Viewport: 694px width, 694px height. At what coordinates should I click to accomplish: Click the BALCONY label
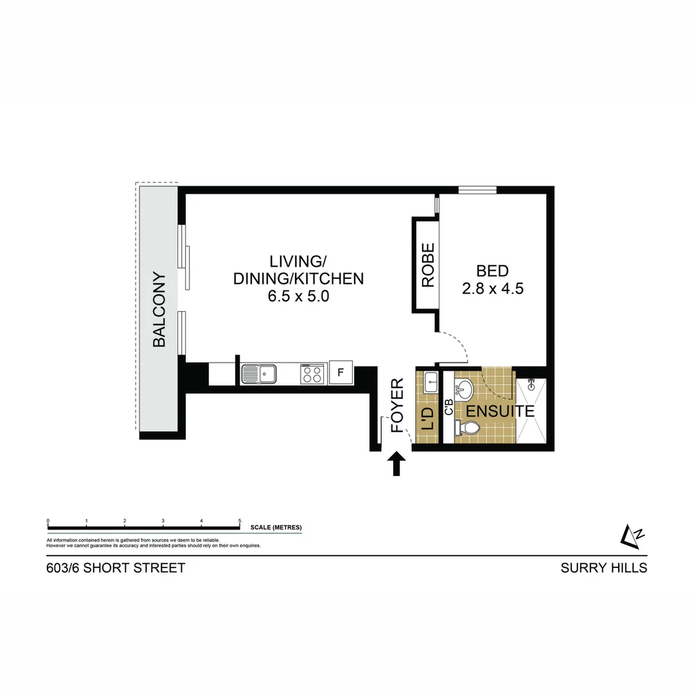[x=159, y=310]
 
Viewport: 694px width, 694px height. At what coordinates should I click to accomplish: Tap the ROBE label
[x=428, y=265]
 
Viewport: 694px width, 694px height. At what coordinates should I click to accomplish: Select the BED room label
[x=492, y=271]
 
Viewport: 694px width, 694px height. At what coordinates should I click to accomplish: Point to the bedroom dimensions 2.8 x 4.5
[x=493, y=289]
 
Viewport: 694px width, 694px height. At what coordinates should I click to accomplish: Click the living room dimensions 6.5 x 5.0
[x=298, y=297]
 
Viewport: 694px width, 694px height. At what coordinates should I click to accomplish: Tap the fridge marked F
[x=341, y=373]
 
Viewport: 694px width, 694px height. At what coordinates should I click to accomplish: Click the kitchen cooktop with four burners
[x=312, y=373]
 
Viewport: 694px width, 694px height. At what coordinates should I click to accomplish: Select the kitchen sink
[x=258, y=373]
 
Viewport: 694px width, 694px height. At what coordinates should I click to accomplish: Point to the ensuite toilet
[x=467, y=428]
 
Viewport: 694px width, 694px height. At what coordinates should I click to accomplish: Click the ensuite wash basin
[x=465, y=389]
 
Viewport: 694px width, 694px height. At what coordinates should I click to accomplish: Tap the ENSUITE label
[x=501, y=411]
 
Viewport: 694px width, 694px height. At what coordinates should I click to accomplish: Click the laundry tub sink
[x=431, y=382]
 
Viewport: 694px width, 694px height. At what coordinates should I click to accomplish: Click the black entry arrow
[x=396, y=463]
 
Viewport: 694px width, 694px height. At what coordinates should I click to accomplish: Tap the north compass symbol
[x=632, y=536]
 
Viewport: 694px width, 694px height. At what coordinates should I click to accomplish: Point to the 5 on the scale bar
[x=240, y=521]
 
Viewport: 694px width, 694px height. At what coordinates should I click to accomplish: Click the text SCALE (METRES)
[x=276, y=528]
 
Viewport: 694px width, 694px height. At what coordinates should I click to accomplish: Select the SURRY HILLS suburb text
[x=603, y=568]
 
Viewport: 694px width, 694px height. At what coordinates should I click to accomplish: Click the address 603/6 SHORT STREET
[x=116, y=568]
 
